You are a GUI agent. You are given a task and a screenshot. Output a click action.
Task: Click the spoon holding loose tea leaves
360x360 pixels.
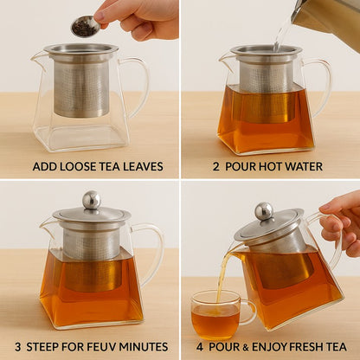point(86,27)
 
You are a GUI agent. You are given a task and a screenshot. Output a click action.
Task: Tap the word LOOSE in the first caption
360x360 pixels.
point(73,167)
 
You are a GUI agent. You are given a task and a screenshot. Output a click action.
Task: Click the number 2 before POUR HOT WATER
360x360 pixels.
point(216,167)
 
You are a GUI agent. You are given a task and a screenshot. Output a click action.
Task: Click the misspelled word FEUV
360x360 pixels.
point(103,346)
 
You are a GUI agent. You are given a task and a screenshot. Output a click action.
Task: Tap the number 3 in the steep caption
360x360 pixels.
point(18,346)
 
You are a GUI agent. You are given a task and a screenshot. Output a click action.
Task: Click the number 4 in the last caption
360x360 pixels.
point(200,346)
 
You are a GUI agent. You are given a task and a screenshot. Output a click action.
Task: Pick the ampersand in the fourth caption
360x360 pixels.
point(245,347)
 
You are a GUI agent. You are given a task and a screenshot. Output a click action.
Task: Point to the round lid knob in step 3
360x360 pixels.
point(92,200)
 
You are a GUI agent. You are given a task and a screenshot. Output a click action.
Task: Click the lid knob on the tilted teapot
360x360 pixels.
point(264,211)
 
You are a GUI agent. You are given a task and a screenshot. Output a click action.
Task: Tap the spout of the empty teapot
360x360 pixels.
point(37,59)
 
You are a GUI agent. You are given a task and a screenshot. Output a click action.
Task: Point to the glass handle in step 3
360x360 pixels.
point(150,254)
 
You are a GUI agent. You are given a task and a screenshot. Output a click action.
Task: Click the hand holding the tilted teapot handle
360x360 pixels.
point(340,223)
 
